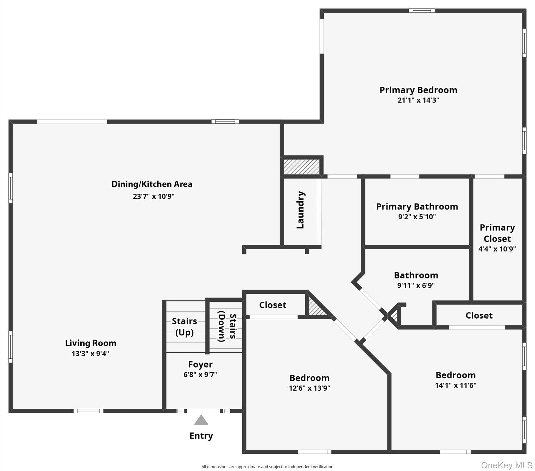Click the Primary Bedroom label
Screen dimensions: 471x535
click(x=418, y=90)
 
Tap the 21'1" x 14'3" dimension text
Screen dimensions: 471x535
click(x=418, y=100)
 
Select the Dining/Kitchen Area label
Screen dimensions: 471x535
click(x=152, y=184)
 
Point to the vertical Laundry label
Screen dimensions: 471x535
click(x=300, y=210)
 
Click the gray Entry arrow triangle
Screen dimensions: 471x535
click(x=201, y=420)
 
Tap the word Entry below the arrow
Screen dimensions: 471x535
click(x=201, y=436)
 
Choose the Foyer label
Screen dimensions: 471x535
click(x=200, y=364)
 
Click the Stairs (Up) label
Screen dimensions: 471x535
click(x=184, y=327)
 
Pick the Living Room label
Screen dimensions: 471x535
click(x=90, y=343)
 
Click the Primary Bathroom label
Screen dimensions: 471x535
click(x=417, y=206)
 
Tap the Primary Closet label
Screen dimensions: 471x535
click(x=497, y=233)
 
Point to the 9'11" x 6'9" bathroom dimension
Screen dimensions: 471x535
click(x=416, y=285)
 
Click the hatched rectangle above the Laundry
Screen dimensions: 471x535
click(x=301, y=167)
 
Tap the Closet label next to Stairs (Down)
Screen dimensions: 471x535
click(x=273, y=305)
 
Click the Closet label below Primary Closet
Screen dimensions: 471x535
click(x=479, y=315)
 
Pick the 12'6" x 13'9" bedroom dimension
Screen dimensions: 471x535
click(x=309, y=388)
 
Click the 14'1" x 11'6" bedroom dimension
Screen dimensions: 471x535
click(x=456, y=385)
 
